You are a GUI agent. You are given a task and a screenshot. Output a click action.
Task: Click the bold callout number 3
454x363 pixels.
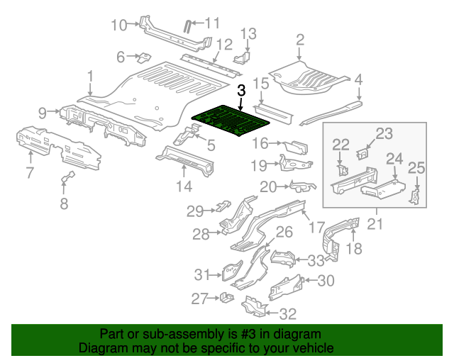tap(241, 90)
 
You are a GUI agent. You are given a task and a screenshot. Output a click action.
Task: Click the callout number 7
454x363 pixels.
tap(30, 172)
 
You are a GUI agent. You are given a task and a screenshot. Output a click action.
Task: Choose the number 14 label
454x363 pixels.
tap(184, 186)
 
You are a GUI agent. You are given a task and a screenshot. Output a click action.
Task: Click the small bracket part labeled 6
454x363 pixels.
tap(143, 56)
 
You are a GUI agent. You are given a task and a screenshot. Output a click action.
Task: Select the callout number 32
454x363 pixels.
tap(288, 313)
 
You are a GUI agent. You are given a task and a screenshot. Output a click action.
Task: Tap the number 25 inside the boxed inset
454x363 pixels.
tap(416, 168)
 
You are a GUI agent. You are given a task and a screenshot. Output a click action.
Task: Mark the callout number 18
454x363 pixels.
tap(353, 247)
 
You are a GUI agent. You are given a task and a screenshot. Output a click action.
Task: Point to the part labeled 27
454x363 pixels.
tap(225, 297)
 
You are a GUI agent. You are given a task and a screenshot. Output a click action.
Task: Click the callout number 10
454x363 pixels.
tap(118, 26)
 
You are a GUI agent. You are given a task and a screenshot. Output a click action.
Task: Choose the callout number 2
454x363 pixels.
tap(299, 40)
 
